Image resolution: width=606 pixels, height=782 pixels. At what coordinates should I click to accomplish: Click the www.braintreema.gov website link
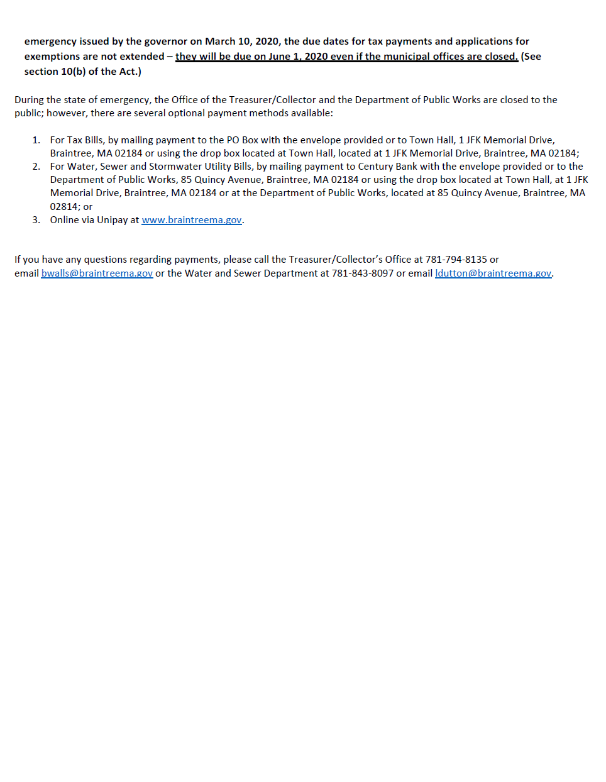pyautogui.click(x=192, y=220)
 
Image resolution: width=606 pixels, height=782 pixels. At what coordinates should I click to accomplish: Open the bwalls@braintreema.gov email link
pyautogui.click(x=97, y=273)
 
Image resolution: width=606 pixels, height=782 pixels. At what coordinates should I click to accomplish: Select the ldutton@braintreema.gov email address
pyautogui.click(x=493, y=273)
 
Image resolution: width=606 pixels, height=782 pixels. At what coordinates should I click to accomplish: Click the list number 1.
pyautogui.click(x=36, y=140)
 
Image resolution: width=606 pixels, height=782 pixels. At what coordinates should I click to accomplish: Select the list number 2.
pyautogui.click(x=36, y=167)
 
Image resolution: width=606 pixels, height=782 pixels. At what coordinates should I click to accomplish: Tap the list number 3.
pyautogui.click(x=36, y=220)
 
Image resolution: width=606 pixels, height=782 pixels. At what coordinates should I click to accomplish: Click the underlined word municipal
pyautogui.click(x=397, y=57)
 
